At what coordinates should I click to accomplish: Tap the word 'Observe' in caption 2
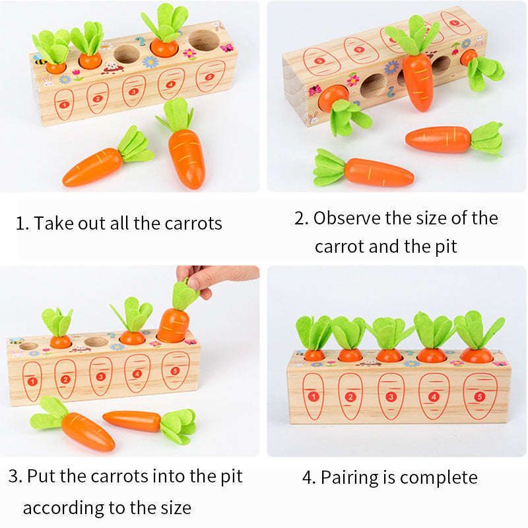click(347, 218)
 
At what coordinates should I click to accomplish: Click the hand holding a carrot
click(216, 277)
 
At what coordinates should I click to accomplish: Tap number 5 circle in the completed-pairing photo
click(480, 397)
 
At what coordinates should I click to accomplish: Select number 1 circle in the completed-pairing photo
click(313, 397)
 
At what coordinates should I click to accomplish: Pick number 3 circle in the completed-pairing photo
click(391, 397)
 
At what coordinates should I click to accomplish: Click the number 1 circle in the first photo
click(64, 105)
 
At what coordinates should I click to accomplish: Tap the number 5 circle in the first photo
click(209, 77)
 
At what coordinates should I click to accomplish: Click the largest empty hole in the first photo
click(204, 40)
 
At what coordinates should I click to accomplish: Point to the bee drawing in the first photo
click(40, 59)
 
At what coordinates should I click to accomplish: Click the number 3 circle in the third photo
click(100, 376)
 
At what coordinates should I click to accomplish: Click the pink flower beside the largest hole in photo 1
click(189, 54)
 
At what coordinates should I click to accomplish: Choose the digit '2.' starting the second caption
click(301, 218)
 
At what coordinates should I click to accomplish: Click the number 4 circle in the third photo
click(137, 374)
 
